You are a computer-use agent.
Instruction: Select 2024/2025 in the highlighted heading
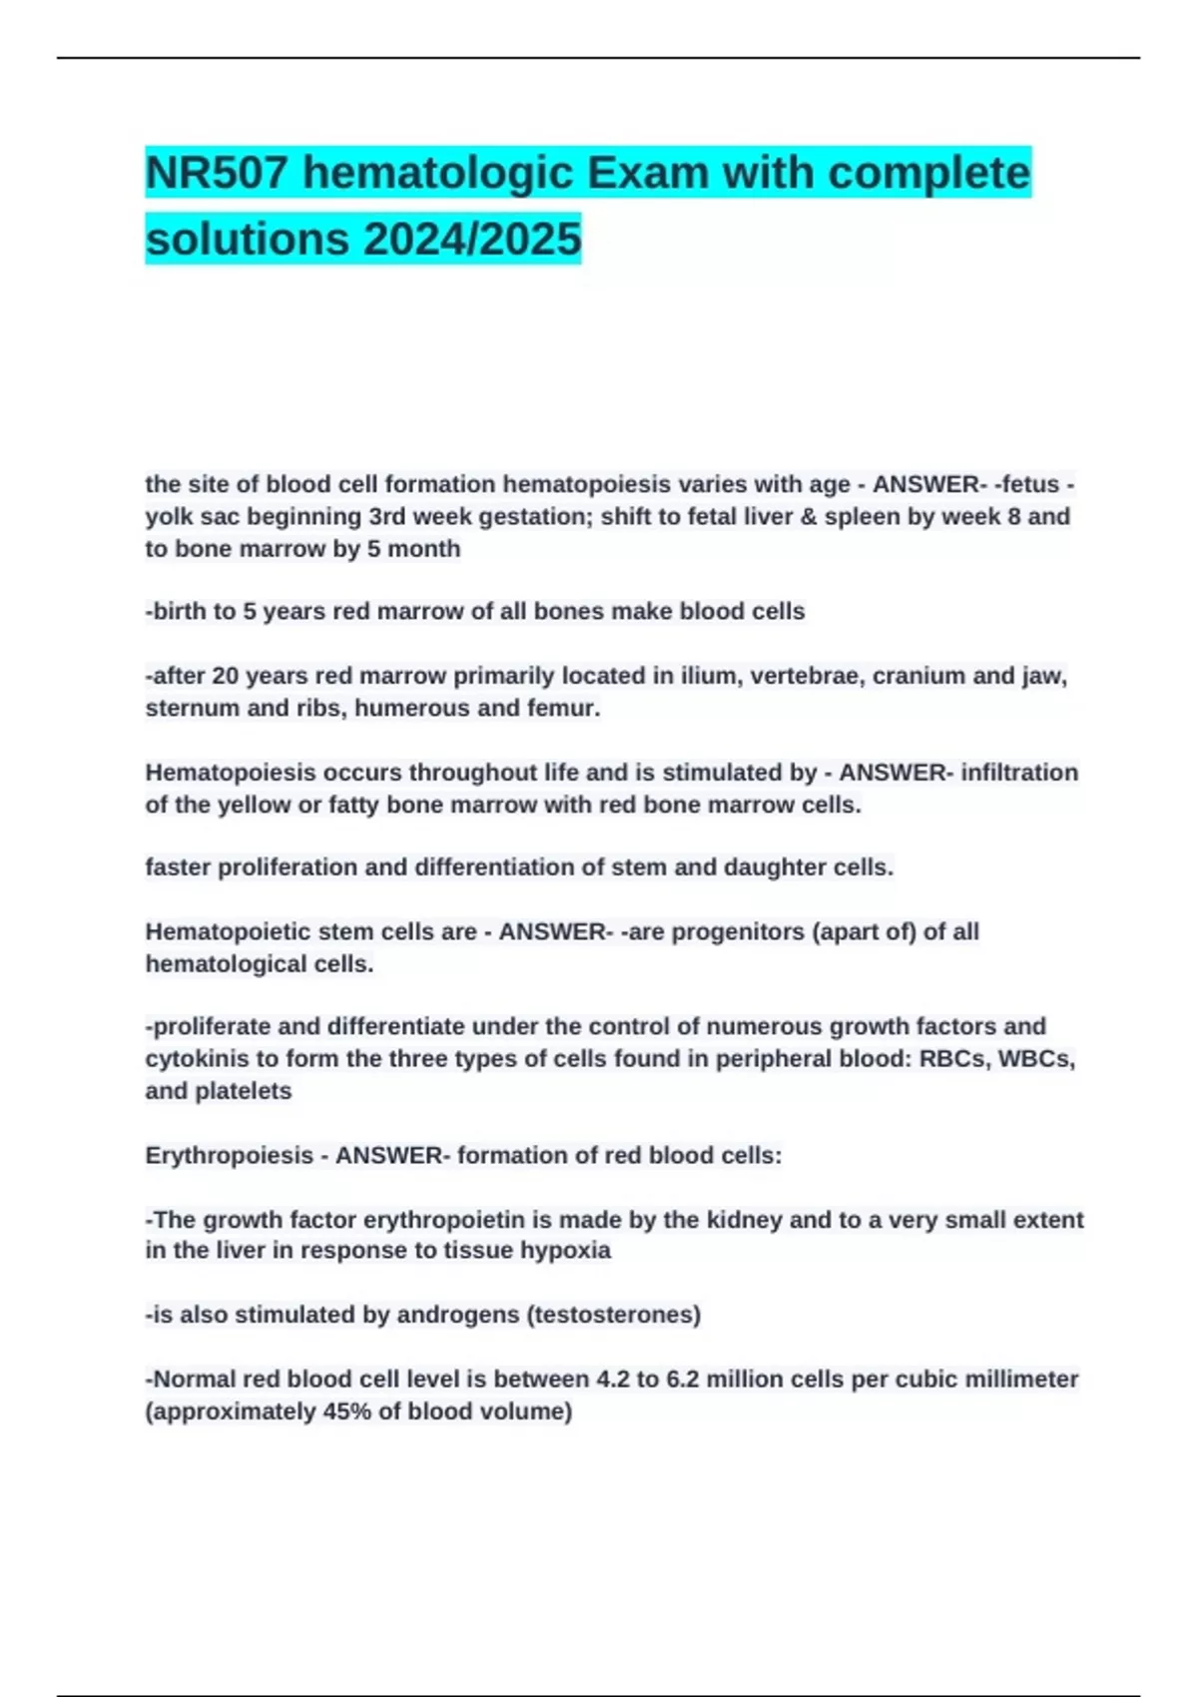click(472, 239)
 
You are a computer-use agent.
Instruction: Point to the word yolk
click(170, 517)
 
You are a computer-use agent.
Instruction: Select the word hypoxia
click(565, 1251)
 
